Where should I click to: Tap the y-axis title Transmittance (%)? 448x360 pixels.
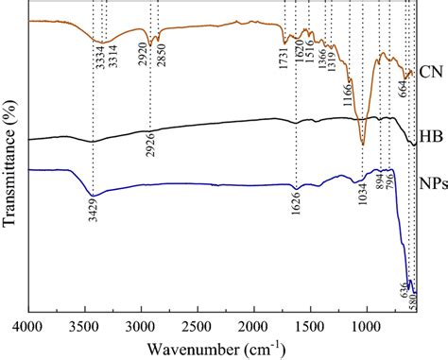click(12, 160)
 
